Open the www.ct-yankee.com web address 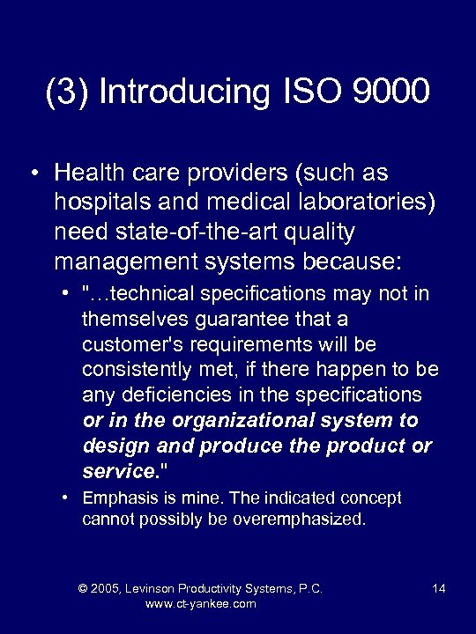[200, 604]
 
